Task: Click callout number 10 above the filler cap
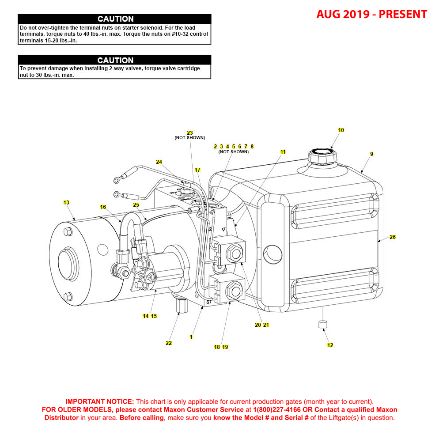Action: pyautogui.click(x=341, y=130)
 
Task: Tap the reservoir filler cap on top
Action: pyautogui.click(x=322, y=156)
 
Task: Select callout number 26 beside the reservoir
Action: pyautogui.click(x=393, y=237)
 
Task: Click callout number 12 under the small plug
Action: pyautogui.click(x=330, y=345)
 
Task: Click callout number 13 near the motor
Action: pyautogui.click(x=66, y=203)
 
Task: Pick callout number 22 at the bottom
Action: pyautogui.click(x=169, y=343)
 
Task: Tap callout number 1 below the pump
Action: pyautogui.click(x=191, y=337)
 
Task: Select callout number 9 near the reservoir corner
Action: pyautogui.click(x=372, y=154)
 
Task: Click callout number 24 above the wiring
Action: pyautogui.click(x=159, y=162)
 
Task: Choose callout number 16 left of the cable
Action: pyautogui.click(x=103, y=207)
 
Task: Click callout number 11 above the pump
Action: pyautogui.click(x=283, y=152)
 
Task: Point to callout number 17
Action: pyautogui.click(x=197, y=170)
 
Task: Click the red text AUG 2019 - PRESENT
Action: pyautogui.click(x=371, y=15)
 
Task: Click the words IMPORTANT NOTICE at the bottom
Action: pyautogui.click(x=100, y=402)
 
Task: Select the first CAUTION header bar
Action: pyautogui.click(x=115, y=19)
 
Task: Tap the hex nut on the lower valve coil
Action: pyautogui.click(x=233, y=291)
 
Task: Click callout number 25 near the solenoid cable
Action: pyautogui.click(x=136, y=205)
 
